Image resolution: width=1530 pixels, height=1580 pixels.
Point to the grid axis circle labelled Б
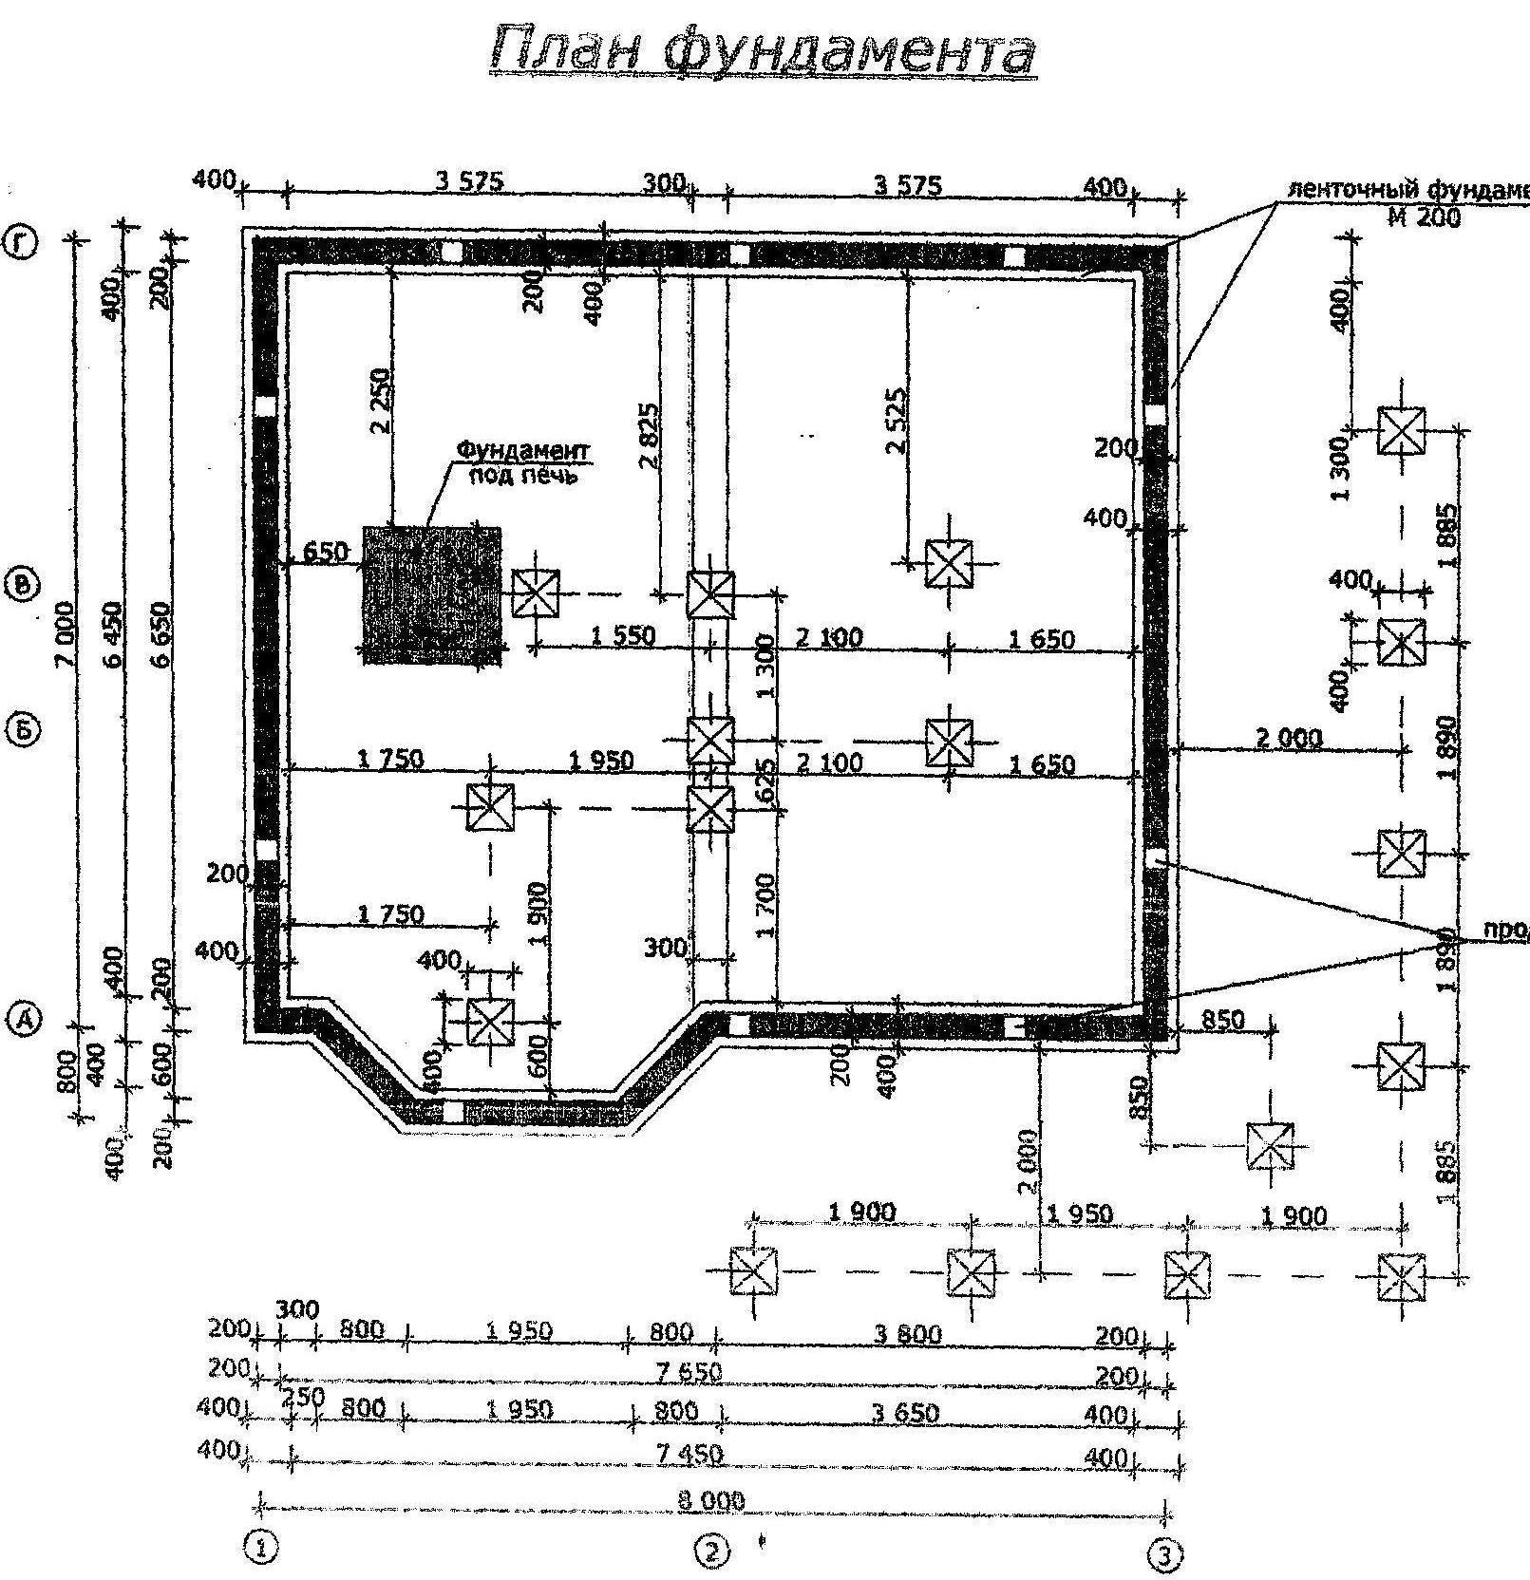(x=24, y=731)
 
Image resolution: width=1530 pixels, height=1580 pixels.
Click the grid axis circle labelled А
(x=25, y=1019)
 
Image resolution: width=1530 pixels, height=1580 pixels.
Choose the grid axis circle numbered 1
(x=260, y=1547)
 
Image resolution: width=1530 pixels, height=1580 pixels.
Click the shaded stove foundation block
(x=432, y=594)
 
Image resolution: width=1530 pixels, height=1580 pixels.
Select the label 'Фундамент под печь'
(x=523, y=461)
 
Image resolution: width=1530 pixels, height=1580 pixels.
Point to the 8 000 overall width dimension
(x=712, y=1500)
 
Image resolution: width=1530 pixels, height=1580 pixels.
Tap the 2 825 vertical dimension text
(x=650, y=435)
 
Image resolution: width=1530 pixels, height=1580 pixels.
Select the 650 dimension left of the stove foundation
(x=324, y=552)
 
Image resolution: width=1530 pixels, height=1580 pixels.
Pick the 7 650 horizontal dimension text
(x=689, y=1371)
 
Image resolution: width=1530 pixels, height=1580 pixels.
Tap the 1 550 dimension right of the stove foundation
(x=623, y=635)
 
